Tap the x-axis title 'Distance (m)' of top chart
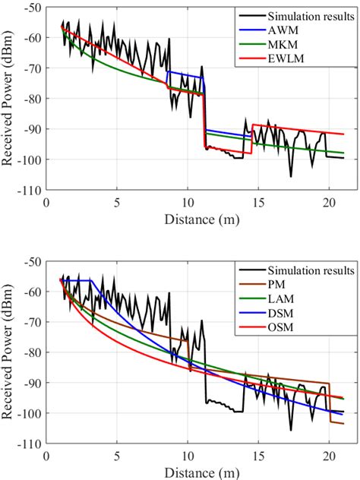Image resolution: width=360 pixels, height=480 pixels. click(x=198, y=219)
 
